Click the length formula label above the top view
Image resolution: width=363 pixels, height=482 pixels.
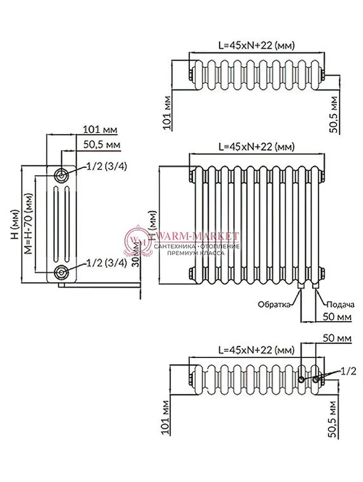256,46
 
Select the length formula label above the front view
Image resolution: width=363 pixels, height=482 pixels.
256,146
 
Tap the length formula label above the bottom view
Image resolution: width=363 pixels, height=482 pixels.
256,350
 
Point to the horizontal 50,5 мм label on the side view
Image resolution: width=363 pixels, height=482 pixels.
102,146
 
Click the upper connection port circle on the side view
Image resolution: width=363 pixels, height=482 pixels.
61,176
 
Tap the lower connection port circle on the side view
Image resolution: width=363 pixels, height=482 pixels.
61,273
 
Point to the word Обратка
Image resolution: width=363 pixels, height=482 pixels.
274,304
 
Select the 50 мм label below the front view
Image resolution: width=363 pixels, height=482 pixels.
337,316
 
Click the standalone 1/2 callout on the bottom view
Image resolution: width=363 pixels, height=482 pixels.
348,369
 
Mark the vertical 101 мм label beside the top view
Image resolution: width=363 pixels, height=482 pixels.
166,114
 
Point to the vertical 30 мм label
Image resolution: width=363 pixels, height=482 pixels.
134,270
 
